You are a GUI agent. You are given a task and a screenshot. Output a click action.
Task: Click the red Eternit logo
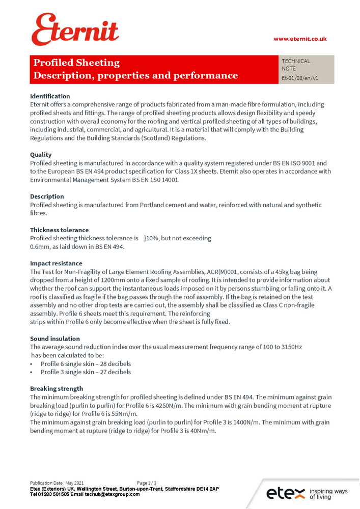[x=75, y=30]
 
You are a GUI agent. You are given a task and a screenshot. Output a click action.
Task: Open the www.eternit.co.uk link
[x=300, y=39]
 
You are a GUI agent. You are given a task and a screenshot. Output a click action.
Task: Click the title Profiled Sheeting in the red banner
[x=76, y=63]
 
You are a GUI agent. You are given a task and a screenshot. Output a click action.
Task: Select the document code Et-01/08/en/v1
[x=300, y=78]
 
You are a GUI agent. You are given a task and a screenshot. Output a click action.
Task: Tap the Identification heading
[x=50, y=96]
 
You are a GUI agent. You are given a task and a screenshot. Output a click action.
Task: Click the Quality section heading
[x=41, y=155]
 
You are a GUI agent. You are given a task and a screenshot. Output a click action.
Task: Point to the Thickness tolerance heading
[x=59, y=230]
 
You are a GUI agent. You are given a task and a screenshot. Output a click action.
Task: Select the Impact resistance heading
[x=56, y=264]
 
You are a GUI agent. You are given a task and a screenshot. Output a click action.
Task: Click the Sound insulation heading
[x=54, y=338]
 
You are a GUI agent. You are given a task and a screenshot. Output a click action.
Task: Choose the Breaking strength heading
[x=57, y=389]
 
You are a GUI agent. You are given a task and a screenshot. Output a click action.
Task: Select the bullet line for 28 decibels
[x=86, y=364]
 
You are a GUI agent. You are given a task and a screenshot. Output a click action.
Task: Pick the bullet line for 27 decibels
[x=86, y=372]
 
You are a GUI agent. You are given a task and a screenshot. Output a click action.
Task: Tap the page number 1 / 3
[x=147, y=483]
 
